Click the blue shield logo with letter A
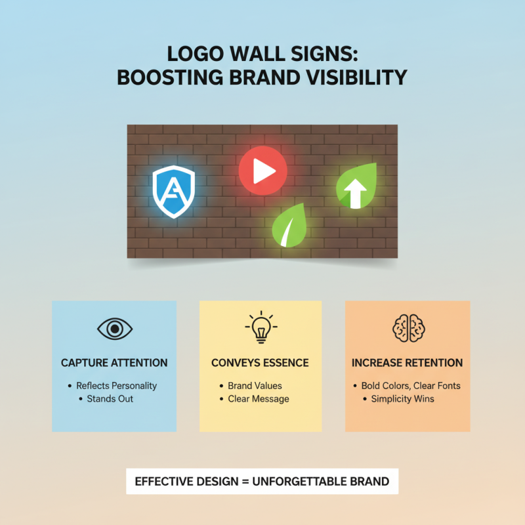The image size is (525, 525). (174, 191)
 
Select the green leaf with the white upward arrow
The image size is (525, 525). (357, 186)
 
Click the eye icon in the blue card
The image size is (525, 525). (114, 328)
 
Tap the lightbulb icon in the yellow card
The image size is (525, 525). (261, 327)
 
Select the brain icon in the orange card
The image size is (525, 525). (407, 327)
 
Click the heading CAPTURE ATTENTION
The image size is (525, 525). (114, 363)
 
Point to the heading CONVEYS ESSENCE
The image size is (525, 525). (260, 363)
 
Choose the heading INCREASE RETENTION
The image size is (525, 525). (407, 363)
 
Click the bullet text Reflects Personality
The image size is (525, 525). (117, 386)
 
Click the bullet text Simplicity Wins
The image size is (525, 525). (402, 399)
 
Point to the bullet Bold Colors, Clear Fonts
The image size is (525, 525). (411, 386)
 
